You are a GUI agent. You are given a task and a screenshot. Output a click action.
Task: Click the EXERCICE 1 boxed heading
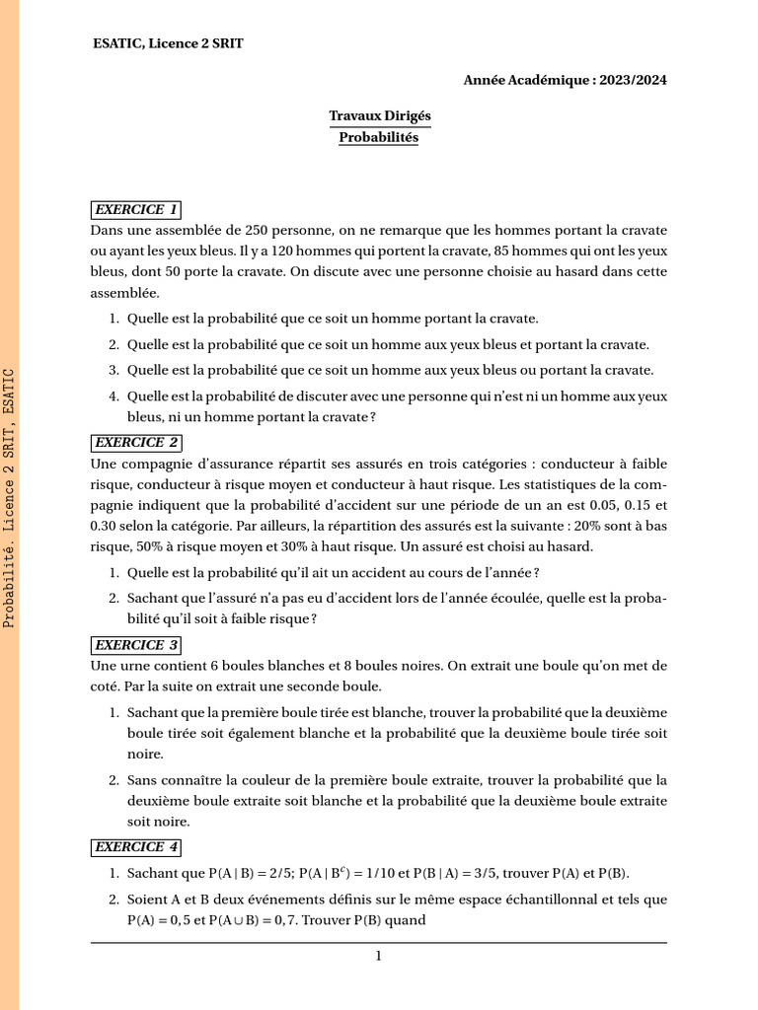[136, 209]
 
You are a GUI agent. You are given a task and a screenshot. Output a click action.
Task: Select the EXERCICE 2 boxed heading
[136, 442]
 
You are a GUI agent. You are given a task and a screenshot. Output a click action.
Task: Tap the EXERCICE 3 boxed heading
[136, 645]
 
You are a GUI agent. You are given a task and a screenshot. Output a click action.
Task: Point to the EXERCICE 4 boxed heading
[136, 847]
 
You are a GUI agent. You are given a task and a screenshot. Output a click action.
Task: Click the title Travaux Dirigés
[379, 116]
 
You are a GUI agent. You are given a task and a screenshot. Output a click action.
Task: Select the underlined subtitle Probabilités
[379, 138]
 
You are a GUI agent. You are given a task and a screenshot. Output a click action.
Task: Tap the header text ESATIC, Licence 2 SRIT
[168, 44]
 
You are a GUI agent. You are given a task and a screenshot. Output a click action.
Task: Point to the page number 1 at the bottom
[378, 957]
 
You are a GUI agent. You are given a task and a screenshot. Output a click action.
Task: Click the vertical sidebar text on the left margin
[9, 498]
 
